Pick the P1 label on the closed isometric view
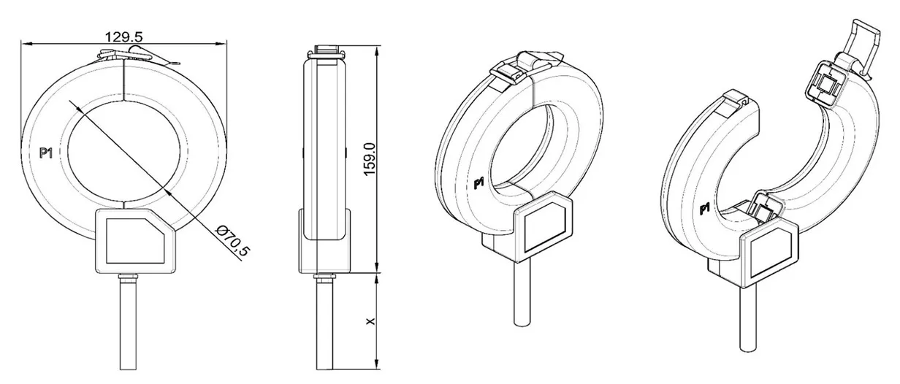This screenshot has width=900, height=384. (x=479, y=183)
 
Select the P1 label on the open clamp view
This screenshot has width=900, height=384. (x=705, y=210)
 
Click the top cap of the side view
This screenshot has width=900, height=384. (x=326, y=52)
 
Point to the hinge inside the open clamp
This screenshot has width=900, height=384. (x=764, y=208)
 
